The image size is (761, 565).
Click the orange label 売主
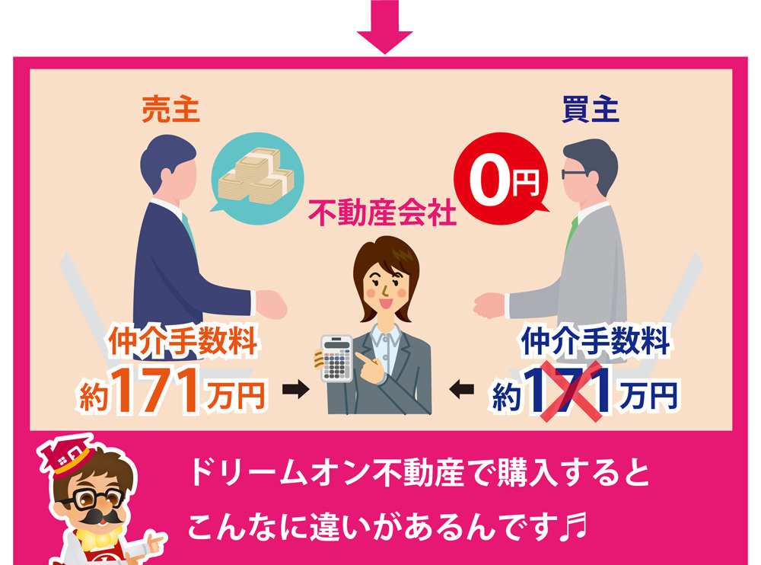click(x=170, y=110)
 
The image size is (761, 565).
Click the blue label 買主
click(x=591, y=110)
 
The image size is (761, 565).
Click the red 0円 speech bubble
click(x=501, y=178)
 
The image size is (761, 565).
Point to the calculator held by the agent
click(x=337, y=358)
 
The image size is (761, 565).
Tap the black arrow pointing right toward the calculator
click(x=295, y=389)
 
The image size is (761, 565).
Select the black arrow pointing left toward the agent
click(x=462, y=389)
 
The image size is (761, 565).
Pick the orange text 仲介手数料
click(x=183, y=342)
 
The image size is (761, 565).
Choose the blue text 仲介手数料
click(x=595, y=340)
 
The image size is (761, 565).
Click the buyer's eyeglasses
click(x=573, y=174)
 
